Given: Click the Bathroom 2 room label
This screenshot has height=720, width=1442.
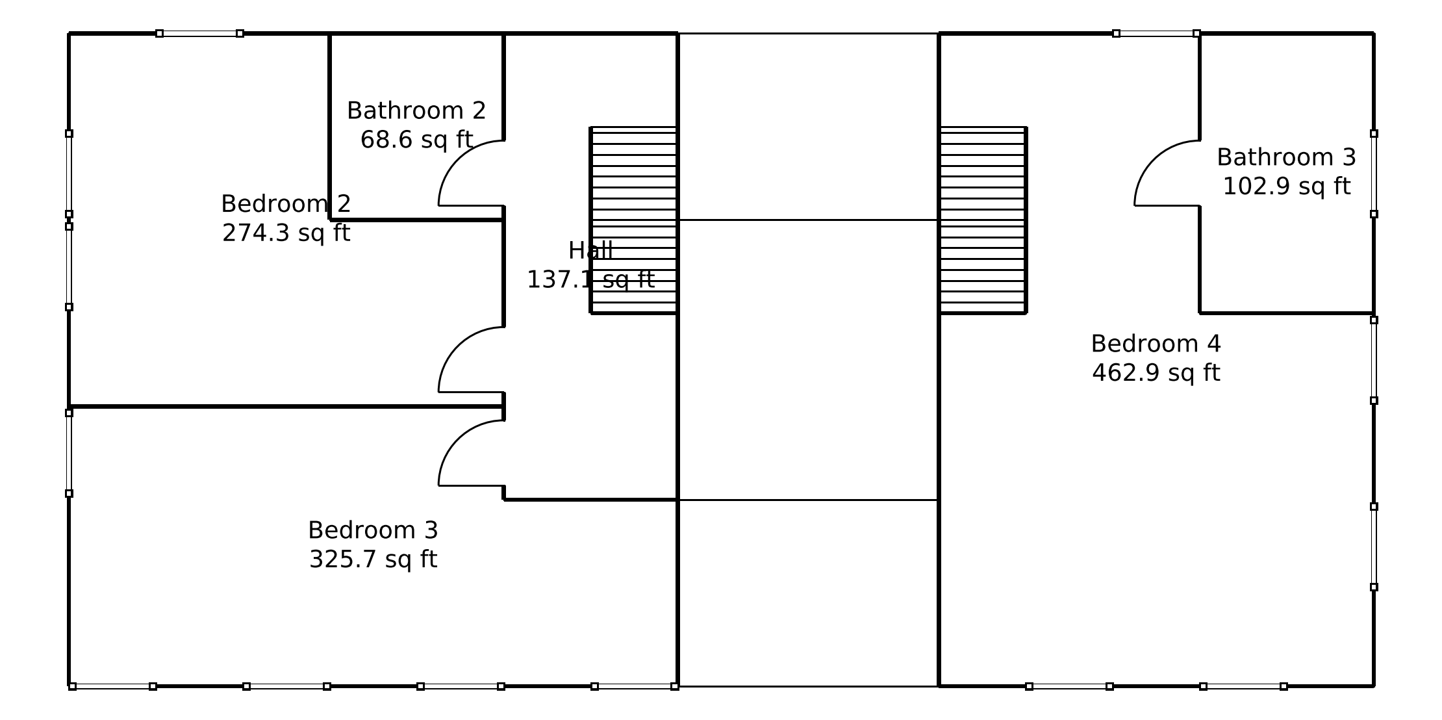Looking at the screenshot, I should coord(416,111).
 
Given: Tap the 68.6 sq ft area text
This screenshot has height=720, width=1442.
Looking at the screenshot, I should coord(416,140).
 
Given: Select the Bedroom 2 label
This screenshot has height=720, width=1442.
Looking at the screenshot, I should coord(286,204).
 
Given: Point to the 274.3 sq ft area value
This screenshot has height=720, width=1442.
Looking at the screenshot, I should coord(286,233).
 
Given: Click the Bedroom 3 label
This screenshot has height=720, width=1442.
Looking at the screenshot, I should coord(373,530).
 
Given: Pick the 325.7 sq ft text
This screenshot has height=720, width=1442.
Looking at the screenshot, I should coord(373,559).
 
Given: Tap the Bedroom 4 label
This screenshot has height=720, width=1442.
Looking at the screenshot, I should coord(1156,344).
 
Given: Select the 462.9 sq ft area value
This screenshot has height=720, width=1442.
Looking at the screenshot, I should coord(1156,373).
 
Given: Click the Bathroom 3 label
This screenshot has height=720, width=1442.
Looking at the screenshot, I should coord(1286,157).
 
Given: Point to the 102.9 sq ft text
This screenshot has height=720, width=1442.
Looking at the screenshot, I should coord(1286,186).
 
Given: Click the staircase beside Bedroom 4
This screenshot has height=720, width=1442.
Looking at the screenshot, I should coord(982,220).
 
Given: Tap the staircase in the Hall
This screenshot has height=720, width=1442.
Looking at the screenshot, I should coord(634,220).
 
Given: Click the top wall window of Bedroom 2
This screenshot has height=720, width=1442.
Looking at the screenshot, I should coord(199,34).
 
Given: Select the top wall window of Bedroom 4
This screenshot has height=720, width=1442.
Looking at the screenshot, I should coord(1156,34).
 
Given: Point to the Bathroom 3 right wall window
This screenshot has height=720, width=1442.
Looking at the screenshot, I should coord(1374,174).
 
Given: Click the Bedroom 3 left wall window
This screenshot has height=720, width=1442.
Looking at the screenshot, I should coord(69,453).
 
